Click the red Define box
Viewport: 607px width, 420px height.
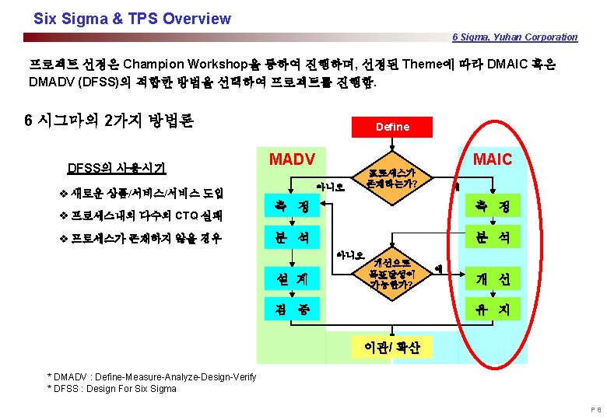coord(392,126)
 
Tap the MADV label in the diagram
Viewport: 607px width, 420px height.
coord(291,159)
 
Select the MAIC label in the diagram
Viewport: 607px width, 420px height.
coord(492,159)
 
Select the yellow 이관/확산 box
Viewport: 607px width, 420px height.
coord(391,347)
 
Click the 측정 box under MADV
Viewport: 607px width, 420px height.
coord(287,206)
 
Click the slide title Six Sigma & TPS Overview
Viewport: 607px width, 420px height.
coord(132,18)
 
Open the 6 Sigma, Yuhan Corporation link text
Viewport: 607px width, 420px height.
coord(515,37)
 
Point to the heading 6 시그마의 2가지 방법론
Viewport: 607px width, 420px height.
coord(109,121)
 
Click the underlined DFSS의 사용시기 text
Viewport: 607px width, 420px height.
coord(116,166)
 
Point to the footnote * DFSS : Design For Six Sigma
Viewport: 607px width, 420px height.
coord(112,388)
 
